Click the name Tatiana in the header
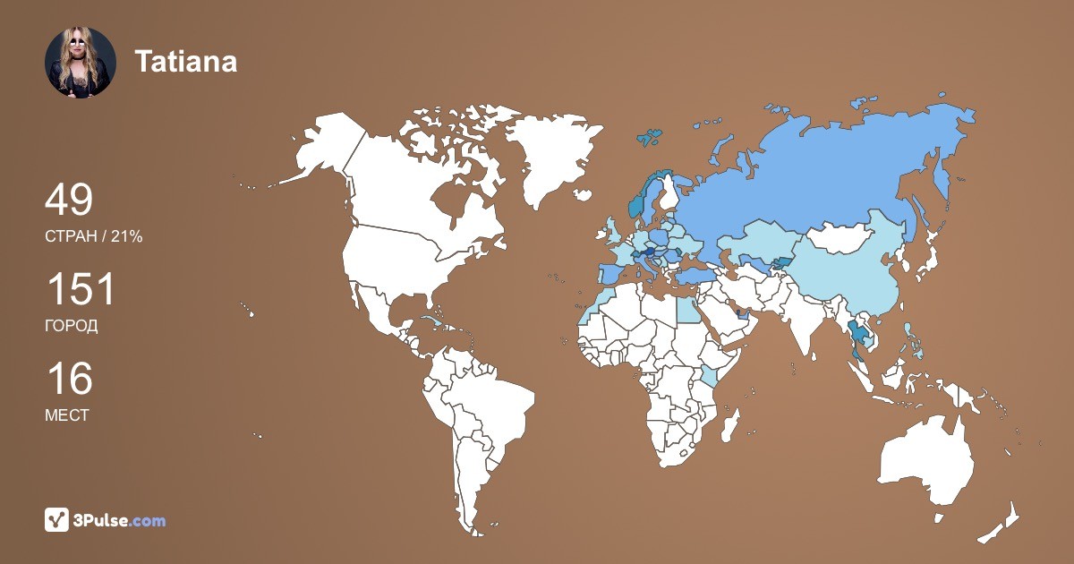(185, 62)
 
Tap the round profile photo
(81, 62)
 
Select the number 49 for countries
(69, 201)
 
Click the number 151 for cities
(81, 290)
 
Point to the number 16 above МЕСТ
(69, 379)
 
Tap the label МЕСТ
(66, 415)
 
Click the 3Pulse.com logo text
(121, 520)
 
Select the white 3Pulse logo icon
(56, 520)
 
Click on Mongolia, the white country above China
(841, 237)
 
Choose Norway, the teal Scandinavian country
(638, 201)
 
